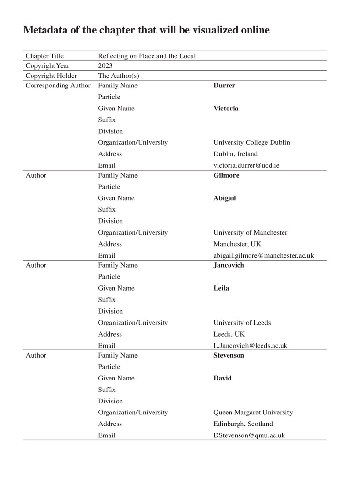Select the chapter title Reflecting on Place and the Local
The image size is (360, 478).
[x=147, y=56]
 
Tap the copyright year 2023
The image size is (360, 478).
[x=105, y=66]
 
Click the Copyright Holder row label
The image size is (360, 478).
[x=51, y=76]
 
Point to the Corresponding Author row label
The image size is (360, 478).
[x=58, y=86]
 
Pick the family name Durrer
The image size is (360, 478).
[x=224, y=86]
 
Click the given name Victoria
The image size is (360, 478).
[x=226, y=109]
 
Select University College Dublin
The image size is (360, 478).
[x=251, y=142]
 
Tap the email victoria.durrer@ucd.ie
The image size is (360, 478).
[x=246, y=165]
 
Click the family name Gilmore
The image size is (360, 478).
[x=226, y=175]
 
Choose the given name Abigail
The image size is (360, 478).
[x=225, y=198]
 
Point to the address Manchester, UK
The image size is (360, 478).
[x=237, y=244]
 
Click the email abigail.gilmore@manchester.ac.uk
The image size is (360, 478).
[x=263, y=255]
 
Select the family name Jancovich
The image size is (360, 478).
[x=229, y=265]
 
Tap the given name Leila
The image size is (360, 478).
[x=221, y=288]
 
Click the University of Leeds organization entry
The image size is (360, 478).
[x=242, y=323]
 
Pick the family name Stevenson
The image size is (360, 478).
[x=229, y=355]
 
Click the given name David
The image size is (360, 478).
[x=222, y=378]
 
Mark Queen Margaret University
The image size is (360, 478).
[x=253, y=413]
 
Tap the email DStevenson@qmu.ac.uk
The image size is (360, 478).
[x=249, y=435]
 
